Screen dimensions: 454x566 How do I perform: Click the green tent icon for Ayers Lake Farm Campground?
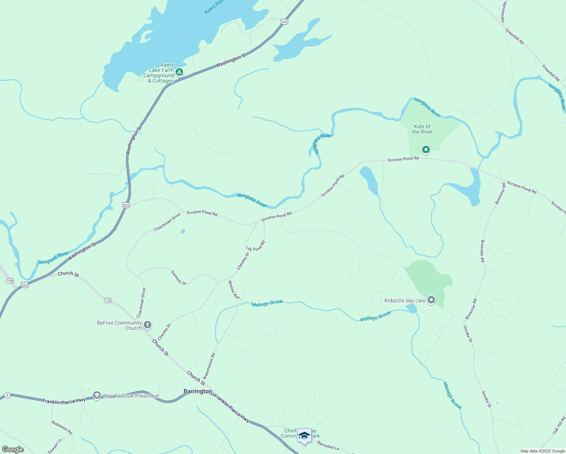(179, 72)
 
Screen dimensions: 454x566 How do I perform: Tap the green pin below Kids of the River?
(426, 150)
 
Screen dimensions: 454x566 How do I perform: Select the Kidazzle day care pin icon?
(431, 300)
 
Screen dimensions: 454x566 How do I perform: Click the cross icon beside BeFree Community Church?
(148, 325)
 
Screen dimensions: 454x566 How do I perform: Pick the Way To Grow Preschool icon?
(97, 396)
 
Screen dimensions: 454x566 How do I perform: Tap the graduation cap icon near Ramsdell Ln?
(304, 436)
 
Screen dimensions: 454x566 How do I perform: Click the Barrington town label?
(197, 391)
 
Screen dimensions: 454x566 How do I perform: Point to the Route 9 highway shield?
(7, 395)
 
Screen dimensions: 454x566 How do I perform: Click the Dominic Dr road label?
(179, 278)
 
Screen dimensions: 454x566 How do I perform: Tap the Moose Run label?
(234, 290)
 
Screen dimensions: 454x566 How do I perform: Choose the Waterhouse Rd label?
(209, 366)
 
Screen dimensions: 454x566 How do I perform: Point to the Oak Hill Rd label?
(558, 426)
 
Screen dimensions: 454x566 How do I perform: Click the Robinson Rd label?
(62, 428)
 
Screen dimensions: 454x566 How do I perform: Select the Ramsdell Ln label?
(328, 445)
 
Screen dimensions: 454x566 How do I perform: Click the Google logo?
(12, 449)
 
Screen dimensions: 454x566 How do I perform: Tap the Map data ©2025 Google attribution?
(543, 451)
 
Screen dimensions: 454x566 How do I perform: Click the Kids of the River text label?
(422, 129)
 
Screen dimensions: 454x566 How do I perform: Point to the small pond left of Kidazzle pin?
(412, 309)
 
